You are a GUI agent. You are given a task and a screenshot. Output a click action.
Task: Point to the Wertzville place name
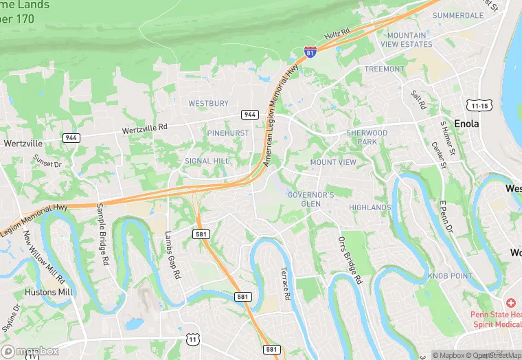tap(23, 144)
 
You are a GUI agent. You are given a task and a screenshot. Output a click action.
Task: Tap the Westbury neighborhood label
tap(208, 104)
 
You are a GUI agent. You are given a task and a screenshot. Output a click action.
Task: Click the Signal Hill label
tap(207, 161)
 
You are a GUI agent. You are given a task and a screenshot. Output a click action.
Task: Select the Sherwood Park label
tap(367, 137)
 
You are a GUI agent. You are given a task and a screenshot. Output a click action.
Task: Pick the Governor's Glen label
tap(310, 199)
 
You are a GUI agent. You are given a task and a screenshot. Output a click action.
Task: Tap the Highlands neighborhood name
tap(370, 207)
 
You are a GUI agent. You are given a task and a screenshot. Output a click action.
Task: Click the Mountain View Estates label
tap(410, 40)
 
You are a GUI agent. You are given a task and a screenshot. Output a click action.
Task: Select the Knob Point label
tap(450, 275)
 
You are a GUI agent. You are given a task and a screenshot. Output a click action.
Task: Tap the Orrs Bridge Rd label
tap(350, 260)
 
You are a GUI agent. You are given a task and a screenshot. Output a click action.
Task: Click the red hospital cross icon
tap(510, 303)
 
